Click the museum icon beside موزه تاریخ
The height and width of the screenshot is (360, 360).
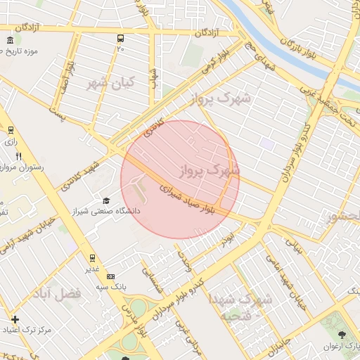point(9,40)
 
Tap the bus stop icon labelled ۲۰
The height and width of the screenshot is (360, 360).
point(121,39)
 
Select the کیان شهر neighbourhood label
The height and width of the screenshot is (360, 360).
point(108,83)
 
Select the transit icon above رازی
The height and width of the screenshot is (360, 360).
point(10,130)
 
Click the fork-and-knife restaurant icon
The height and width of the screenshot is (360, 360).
point(19,157)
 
